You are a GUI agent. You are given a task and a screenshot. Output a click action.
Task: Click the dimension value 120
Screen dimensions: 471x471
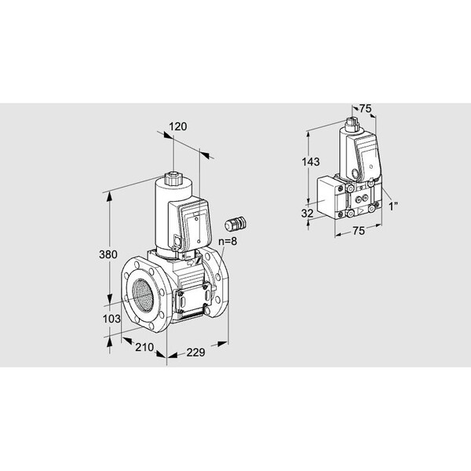[x=178, y=126]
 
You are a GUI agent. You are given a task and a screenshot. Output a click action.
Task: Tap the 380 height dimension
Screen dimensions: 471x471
[x=108, y=254]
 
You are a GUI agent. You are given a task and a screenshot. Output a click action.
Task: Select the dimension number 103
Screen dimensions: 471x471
[x=111, y=319]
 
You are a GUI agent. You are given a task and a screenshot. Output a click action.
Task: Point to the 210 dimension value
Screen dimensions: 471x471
[x=144, y=347]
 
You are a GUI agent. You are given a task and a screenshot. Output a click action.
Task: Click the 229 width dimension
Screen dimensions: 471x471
[x=195, y=352]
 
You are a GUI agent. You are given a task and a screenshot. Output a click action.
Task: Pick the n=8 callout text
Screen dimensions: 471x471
[x=228, y=241]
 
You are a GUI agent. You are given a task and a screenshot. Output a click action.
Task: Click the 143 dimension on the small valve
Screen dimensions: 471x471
[x=311, y=162]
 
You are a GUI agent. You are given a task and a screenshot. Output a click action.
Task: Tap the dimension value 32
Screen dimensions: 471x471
[x=307, y=214]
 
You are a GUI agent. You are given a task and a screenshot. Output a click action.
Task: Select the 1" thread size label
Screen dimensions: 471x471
[x=393, y=206]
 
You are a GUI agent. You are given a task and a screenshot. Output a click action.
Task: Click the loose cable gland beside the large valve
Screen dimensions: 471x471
[x=235, y=224]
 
